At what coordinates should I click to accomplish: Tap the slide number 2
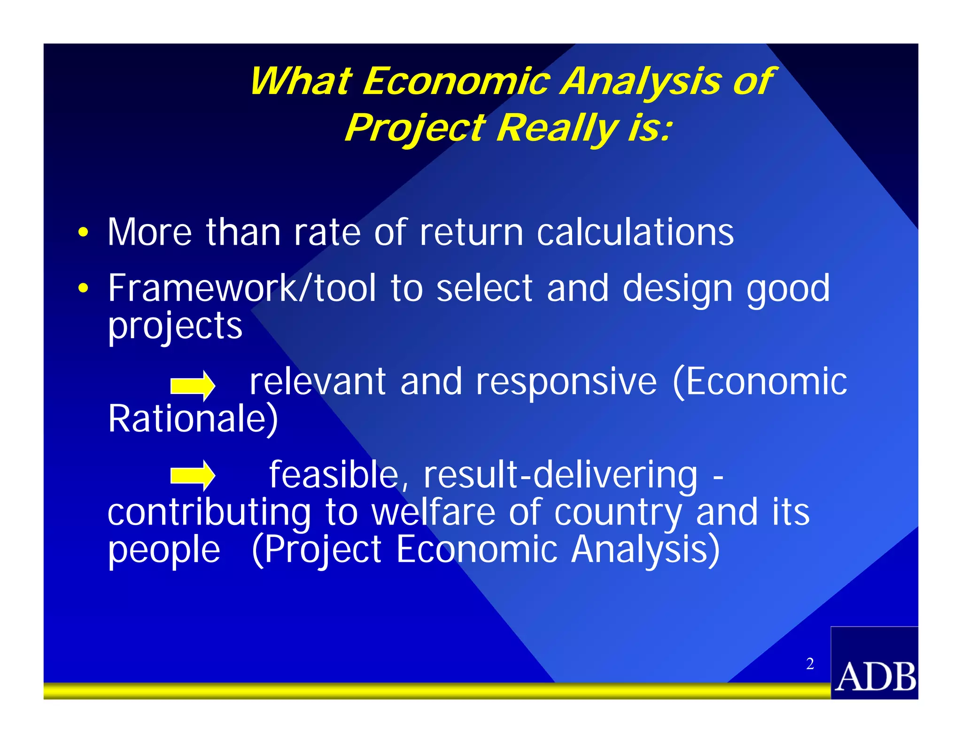(x=810, y=664)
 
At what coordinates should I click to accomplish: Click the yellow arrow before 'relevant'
(x=193, y=386)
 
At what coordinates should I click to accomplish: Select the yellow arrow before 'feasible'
(x=193, y=475)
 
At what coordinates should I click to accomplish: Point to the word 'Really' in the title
(x=557, y=127)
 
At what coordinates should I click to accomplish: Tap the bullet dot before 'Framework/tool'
(x=83, y=288)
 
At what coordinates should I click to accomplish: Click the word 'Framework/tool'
(x=242, y=288)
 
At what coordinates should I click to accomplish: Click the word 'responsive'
(x=566, y=381)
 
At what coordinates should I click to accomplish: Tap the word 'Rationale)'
(x=193, y=418)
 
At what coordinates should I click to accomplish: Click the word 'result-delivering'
(x=560, y=475)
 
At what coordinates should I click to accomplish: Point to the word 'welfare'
(x=433, y=512)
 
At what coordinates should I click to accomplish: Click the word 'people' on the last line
(x=164, y=550)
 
